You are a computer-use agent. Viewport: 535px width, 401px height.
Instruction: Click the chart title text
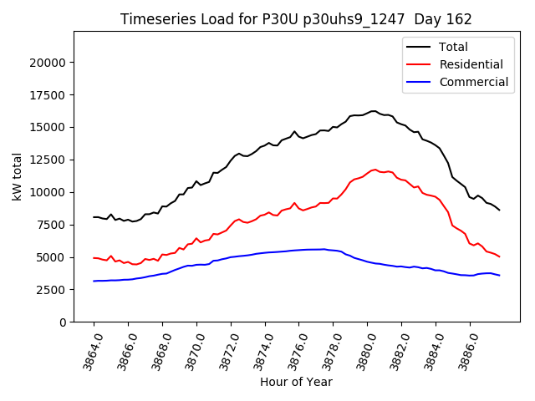[x=296, y=19]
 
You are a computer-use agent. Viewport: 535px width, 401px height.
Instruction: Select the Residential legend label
[x=471, y=64]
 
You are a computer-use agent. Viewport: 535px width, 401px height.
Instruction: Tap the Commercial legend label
[x=473, y=82]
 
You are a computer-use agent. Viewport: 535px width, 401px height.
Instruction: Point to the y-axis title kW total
[x=17, y=176]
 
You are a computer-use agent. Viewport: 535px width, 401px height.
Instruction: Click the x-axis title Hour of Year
[x=296, y=382]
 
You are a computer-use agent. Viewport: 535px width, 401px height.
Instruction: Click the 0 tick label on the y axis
[x=64, y=322]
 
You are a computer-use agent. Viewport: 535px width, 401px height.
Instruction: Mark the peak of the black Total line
[x=374, y=110]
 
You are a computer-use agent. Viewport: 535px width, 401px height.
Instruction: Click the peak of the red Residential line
[x=375, y=170]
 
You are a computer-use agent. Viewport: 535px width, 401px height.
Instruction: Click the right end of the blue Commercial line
[x=500, y=276]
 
